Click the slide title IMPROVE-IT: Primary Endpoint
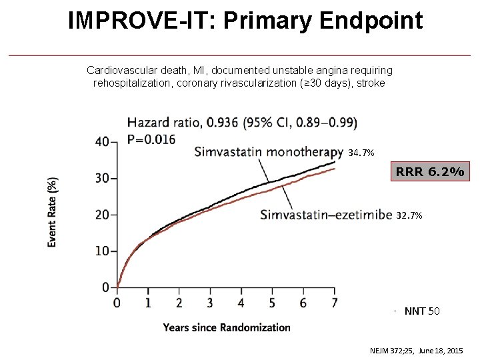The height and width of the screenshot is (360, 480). pos(245,21)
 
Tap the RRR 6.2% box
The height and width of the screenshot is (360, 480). pos(430,171)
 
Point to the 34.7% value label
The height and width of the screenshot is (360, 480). pos(361,153)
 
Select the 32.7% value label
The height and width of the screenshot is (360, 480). pos(409,215)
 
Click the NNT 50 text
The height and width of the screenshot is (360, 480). pos(422,311)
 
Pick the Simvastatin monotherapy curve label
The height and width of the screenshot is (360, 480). pos(268,152)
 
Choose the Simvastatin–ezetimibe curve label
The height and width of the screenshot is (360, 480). pos(325,214)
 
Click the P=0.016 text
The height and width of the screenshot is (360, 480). pos(151,139)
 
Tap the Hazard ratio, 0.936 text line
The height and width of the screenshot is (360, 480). pos(242,123)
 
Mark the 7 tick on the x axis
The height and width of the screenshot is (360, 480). pos(334,303)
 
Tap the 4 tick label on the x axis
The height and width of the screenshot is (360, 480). pos(241,303)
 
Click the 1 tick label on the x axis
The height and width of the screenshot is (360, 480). pos(148,303)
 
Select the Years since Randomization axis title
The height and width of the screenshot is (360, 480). pos(227,327)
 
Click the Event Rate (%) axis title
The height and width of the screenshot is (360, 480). pos(53,212)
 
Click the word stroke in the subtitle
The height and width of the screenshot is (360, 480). pos(372,84)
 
